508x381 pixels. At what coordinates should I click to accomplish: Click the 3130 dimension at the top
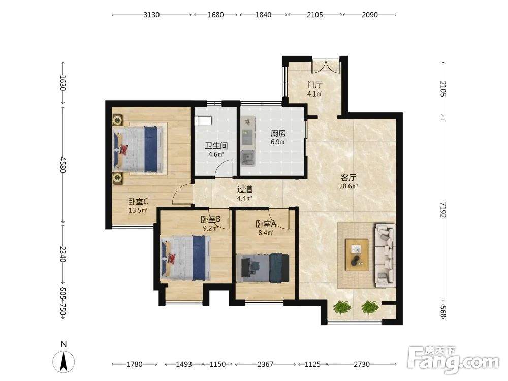click(x=151, y=15)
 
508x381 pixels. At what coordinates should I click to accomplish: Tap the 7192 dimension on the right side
click(x=443, y=210)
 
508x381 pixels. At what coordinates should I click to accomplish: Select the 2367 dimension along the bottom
click(x=265, y=364)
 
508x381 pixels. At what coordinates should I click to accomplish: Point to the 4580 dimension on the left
click(x=63, y=165)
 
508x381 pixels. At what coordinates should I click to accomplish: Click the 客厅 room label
click(x=348, y=177)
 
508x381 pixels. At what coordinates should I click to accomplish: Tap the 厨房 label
click(x=278, y=133)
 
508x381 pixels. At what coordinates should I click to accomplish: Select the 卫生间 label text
click(x=216, y=146)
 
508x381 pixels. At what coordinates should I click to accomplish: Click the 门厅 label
click(x=315, y=85)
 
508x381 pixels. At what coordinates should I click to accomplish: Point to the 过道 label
click(x=245, y=189)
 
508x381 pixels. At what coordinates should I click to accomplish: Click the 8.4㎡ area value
click(x=266, y=232)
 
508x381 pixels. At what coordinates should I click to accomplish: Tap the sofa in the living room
click(x=385, y=256)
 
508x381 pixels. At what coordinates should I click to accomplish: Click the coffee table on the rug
click(x=357, y=255)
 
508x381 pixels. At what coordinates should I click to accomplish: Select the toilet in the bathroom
click(x=203, y=121)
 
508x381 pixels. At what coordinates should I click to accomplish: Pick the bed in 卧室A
click(x=263, y=268)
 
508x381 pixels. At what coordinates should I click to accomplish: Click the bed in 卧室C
click(x=138, y=149)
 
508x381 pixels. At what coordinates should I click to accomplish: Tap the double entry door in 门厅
click(x=326, y=66)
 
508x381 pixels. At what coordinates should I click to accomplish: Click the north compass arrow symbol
click(x=63, y=362)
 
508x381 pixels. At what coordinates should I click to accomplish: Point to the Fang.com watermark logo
click(x=453, y=360)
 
